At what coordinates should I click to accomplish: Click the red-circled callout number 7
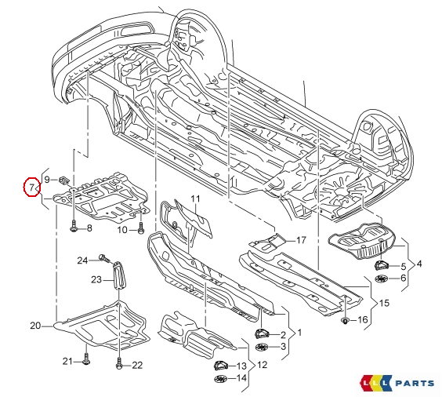click(x=31, y=188)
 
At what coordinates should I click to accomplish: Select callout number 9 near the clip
click(x=47, y=180)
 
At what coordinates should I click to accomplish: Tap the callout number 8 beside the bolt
click(x=89, y=228)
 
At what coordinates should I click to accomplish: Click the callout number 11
click(x=195, y=198)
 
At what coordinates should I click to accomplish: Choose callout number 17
click(x=301, y=240)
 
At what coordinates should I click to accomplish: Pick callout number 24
click(x=82, y=260)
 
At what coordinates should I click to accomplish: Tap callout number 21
click(x=67, y=361)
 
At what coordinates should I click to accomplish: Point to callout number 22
click(x=137, y=365)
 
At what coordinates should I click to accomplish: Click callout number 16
click(x=362, y=320)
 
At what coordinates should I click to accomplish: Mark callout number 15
click(x=384, y=303)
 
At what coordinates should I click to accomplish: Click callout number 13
click(x=241, y=366)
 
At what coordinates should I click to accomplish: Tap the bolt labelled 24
click(x=103, y=258)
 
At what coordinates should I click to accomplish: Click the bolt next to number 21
click(x=85, y=361)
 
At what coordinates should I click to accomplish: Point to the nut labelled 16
click(x=345, y=321)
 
